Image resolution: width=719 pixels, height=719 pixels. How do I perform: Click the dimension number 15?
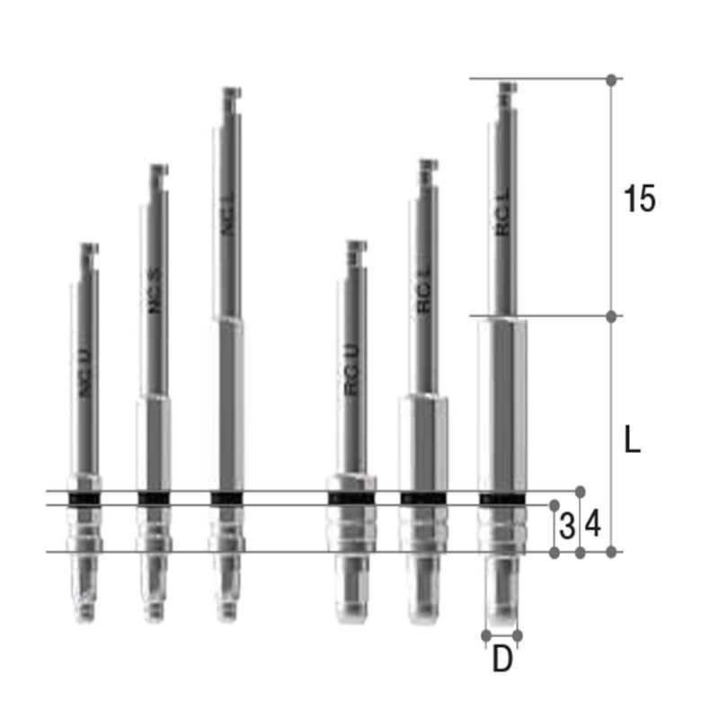(x=640, y=200)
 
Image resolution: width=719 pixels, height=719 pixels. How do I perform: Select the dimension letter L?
(x=633, y=440)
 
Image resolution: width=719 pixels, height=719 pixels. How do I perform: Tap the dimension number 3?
(x=566, y=526)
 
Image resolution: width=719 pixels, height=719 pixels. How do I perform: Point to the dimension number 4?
(x=593, y=524)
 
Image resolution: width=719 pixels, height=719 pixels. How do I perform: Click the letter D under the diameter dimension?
(x=502, y=660)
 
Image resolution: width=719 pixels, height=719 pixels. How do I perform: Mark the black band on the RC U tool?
(x=351, y=499)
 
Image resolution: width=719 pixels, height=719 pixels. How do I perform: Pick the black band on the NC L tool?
(x=226, y=498)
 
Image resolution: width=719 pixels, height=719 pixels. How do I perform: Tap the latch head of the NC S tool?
(x=159, y=171)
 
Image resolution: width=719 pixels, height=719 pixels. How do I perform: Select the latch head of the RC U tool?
(x=357, y=247)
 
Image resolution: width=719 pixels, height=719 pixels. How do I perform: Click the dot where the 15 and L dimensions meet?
(x=611, y=316)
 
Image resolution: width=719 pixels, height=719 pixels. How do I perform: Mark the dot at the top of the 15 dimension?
(x=611, y=80)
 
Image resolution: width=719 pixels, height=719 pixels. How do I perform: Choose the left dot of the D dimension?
(x=486, y=635)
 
